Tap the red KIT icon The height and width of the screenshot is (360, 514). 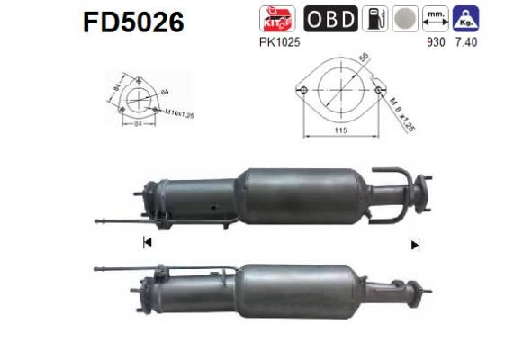(x=274, y=19)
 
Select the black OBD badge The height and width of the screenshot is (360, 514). (x=330, y=19)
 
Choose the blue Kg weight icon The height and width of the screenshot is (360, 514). (x=465, y=19)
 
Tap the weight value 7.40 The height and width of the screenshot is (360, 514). (x=467, y=42)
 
